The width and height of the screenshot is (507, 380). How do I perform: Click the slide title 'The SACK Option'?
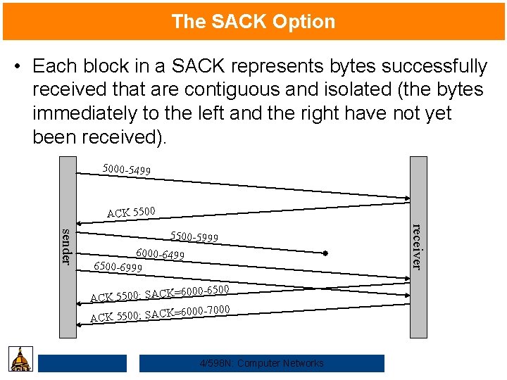254,22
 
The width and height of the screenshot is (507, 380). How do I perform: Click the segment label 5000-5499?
126,170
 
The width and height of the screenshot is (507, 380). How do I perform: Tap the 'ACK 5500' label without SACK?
131,212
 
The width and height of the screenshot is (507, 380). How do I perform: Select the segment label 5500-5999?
194,238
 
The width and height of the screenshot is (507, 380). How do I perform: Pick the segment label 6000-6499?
160,254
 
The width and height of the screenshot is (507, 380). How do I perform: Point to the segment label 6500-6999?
118,267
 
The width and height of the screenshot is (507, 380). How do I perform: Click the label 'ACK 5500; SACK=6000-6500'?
160,293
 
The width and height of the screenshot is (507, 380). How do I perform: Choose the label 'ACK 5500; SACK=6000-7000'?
160,312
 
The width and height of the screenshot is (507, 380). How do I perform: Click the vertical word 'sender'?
66,246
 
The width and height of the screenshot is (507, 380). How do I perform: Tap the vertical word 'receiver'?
417,246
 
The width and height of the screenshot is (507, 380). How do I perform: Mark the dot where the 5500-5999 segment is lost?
326,253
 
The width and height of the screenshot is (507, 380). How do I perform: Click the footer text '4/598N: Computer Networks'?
262,363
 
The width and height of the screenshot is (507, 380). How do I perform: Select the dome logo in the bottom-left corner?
20,359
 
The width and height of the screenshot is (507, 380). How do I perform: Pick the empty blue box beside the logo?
82,363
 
